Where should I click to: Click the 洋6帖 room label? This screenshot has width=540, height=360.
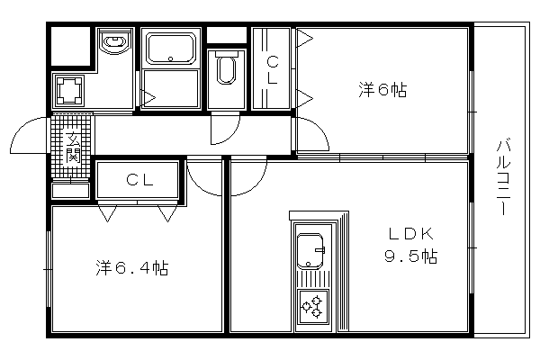pyautogui.click(x=382, y=90)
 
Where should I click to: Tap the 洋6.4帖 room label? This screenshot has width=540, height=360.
pyautogui.click(x=132, y=267)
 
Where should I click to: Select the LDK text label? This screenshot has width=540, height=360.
pyautogui.click(x=411, y=234)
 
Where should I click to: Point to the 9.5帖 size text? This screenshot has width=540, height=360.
pyautogui.click(x=411, y=256)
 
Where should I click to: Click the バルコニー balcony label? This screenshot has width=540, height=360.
pyautogui.click(x=503, y=176)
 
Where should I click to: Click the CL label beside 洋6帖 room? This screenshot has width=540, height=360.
pyautogui.click(x=273, y=70)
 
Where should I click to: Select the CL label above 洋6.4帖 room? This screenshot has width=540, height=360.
pyautogui.click(x=139, y=179)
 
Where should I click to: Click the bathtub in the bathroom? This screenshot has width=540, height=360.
pyautogui.click(x=171, y=48)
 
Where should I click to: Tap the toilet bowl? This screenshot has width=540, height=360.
pyautogui.click(x=226, y=70)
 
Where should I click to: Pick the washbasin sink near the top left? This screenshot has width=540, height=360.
pyautogui.click(x=114, y=42)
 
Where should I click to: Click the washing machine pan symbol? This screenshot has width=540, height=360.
pyautogui.click(x=70, y=90)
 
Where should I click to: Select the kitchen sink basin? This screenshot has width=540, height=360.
pyautogui.click(x=310, y=251)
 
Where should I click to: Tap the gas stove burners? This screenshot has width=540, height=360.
pyautogui.click(x=312, y=307)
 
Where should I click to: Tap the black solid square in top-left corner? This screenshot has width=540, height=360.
pyautogui.click(x=70, y=46)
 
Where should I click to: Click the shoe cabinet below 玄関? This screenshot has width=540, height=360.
pyautogui.click(x=70, y=191)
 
